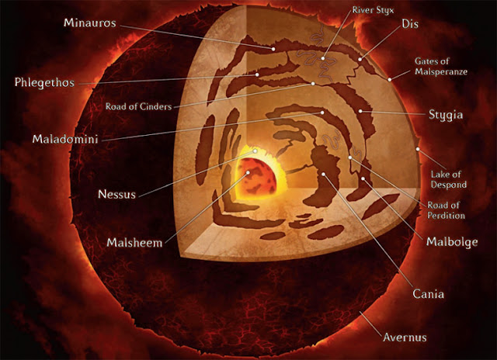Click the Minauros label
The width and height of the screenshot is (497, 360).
click(x=90, y=22)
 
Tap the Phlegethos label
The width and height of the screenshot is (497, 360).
click(x=44, y=83)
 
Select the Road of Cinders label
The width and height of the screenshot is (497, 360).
click(x=138, y=106)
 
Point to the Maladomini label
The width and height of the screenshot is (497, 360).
click(x=65, y=139)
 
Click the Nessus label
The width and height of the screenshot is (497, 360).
click(x=117, y=194)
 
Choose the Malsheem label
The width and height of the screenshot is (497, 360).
click(x=134, y=243)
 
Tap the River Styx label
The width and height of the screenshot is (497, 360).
click(x=374, y=10)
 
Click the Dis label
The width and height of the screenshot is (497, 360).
click(x=410, y=24)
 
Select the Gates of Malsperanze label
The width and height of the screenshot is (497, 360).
click(x=441, y=66)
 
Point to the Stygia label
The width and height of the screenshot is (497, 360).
click(x=446, y=115)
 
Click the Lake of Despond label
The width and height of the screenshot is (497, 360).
click(x=449, y=179)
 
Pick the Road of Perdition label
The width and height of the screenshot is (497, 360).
click(x=446, y=210)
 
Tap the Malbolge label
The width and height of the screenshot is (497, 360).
click(x=452, y=242)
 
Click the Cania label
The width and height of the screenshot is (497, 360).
click(x=428, y=294)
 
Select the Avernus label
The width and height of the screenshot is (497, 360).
click(x=405, y=337)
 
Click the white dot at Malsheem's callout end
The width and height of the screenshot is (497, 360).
click(x=248, y=172)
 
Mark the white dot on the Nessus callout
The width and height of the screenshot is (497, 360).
click(x=255, y=151)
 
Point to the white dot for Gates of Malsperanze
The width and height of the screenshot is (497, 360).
click(x=390, y=80)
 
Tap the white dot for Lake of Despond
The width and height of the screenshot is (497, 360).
click(x=418, y=149)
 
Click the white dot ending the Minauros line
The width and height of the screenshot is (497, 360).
click(x=273, y=49)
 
